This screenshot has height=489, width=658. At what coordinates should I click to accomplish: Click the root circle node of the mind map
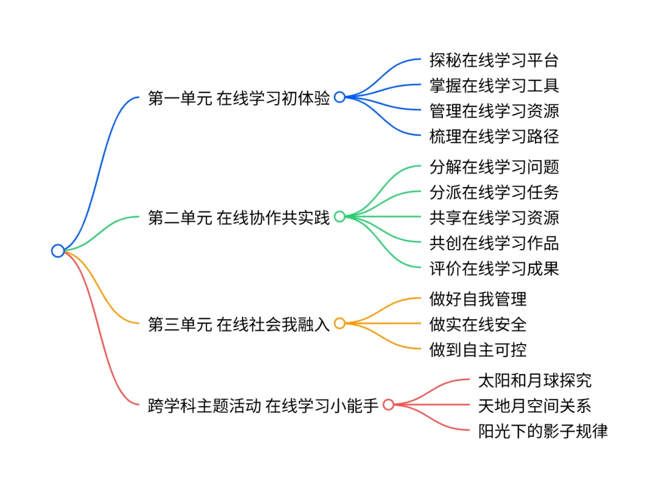[58, 250]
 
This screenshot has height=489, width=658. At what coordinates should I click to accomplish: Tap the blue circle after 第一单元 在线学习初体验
[340, 97]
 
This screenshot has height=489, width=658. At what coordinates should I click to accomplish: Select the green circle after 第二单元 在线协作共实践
[340, 216]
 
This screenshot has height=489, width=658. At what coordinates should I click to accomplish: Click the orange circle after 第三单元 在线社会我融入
[340, 323]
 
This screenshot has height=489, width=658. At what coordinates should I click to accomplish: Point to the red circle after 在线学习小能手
[389, 404]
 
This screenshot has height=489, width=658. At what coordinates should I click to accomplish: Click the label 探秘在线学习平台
[494, 60]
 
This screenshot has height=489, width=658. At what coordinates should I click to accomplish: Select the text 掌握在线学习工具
[494, 85]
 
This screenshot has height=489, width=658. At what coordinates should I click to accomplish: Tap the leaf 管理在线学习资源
[494, 111]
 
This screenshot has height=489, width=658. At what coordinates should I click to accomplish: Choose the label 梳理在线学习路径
[494, 136]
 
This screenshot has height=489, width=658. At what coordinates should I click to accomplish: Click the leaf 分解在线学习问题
[494, 166]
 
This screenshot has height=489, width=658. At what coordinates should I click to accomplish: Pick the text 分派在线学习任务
[494, 192]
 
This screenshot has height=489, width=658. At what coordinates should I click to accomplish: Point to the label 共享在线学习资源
[494, 217]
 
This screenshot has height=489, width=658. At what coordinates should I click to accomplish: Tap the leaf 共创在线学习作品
[494, 242]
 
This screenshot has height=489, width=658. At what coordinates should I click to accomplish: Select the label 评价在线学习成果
[494, 267]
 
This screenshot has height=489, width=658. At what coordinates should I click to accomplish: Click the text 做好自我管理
[478, 298]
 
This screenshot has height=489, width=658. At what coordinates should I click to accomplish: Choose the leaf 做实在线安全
[478, 324]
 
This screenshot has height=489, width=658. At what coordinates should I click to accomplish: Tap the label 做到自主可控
[478, 349]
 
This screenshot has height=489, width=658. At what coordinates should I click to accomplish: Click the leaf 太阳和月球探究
[535, 381]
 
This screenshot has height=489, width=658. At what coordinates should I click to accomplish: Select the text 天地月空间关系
[535, 406]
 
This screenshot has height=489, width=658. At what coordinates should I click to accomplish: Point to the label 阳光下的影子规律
[543, 431]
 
